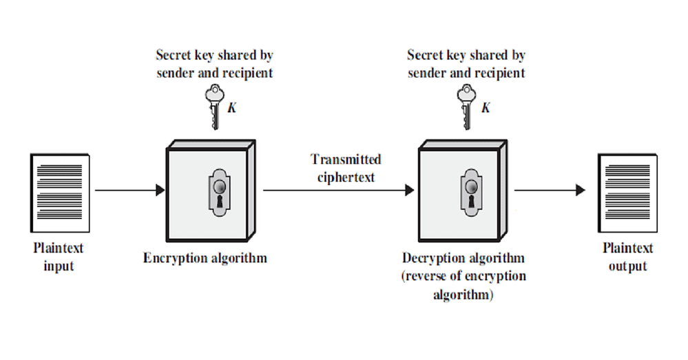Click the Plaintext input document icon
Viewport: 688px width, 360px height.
coord(60,193)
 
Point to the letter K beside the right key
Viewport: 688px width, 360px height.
coord(486,107)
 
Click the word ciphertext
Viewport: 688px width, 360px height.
coord(346,177)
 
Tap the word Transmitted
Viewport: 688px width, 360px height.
coord(346,160)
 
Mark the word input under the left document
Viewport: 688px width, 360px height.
coord(59,266)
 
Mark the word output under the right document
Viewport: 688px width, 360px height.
coord(627,266)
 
